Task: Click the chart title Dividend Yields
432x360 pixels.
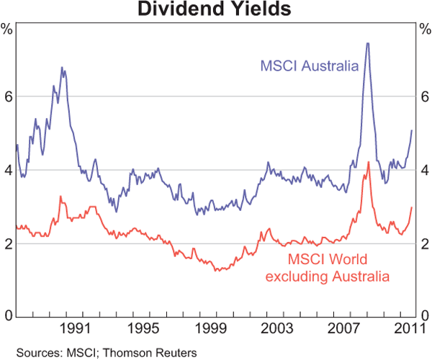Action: pyautogui.click(x=215, y=10)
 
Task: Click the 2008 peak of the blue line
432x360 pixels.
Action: pyautogui.click(x=368, y=43)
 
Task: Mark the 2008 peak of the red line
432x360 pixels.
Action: pyautogui.click(x=369, y=162)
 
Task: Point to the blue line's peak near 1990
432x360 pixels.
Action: pyautogui.click(x=63, y=68)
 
